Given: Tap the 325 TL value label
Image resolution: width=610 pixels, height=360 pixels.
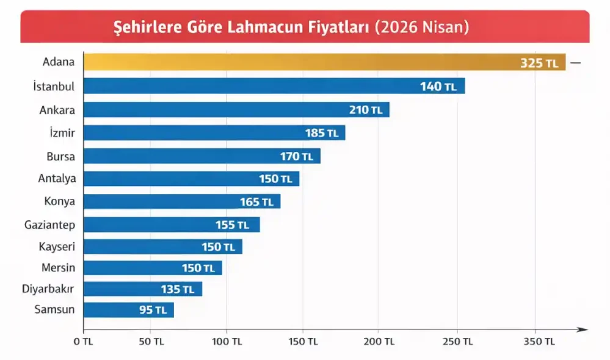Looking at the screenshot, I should tap(539, 63).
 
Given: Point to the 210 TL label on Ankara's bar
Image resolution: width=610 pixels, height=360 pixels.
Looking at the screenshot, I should tap(365, 110).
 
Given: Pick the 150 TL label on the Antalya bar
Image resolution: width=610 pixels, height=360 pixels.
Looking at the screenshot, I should tap(275, 179).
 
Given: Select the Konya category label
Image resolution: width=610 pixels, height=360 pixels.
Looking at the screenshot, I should tap(59, 201).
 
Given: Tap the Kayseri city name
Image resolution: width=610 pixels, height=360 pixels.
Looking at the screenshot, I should tap(57, 247).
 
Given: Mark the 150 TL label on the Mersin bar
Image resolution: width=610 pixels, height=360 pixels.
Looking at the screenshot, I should tap(198, 268).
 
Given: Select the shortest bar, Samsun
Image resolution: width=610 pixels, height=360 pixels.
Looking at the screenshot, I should tap(128, 310).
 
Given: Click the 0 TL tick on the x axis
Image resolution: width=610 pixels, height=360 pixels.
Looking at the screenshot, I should tap(83, 342).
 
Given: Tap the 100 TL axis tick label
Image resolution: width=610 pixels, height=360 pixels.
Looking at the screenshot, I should tap(227, 342).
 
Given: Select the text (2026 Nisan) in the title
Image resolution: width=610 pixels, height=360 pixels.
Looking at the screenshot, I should tap(422, 27).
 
